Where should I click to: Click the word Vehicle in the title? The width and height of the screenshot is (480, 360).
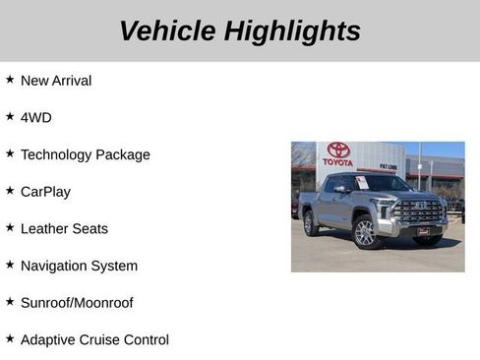coord(168,30)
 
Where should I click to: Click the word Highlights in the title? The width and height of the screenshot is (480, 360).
coord(292,30)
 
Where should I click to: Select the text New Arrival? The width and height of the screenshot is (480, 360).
coord(56,81)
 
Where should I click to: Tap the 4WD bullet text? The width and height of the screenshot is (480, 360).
coord(36,117)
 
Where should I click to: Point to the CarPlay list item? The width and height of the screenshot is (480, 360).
coord(45,192)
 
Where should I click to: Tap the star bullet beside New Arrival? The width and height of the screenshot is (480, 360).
coord(10,80)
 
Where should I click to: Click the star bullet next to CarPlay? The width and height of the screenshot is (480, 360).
coord(10,191)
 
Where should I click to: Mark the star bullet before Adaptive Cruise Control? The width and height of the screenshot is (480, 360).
coord(10,338)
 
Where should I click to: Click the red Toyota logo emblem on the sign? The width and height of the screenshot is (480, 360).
coord(338,150)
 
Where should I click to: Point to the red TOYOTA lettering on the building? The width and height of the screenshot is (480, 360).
coord(337,162)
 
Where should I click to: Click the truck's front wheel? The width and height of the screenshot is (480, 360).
coord(365,233)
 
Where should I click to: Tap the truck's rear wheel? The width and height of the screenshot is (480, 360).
coord(311,224)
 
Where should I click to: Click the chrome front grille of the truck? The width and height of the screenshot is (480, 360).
coord(420,211)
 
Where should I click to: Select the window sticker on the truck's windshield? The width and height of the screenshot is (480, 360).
coord(362,182)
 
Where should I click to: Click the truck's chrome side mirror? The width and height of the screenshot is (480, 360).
coord(340,189)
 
